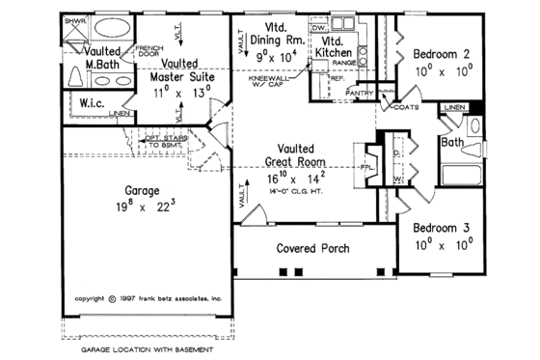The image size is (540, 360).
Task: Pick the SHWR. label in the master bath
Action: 72,20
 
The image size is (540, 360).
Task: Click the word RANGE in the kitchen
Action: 344,61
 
